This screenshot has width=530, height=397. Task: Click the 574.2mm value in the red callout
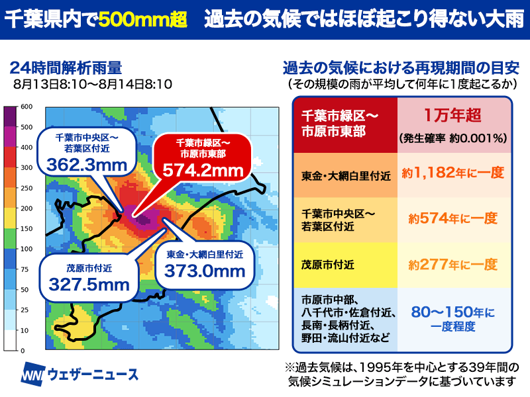[203, 171]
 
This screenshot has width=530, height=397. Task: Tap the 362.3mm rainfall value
[87, 165]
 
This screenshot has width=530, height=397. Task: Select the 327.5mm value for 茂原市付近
[89, 285]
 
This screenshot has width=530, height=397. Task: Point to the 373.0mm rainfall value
[205, 271]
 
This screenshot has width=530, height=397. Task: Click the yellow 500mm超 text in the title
[143, 20]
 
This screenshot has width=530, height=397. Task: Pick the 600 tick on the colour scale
[26, 107]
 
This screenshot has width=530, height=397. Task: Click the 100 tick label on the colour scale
[26, 249]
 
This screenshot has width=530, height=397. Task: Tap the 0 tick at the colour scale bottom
[23, 351]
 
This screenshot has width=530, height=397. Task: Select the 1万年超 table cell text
[452, 115]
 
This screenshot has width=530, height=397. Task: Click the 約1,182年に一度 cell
[453, 173]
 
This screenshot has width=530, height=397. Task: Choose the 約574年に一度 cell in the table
[453, 218]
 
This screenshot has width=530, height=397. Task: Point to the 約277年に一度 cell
[453, 265]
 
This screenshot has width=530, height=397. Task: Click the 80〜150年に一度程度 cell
[453, 319]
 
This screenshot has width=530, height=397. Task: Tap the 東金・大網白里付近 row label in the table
[346, 176]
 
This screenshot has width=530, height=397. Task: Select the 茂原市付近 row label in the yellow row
[328, 265]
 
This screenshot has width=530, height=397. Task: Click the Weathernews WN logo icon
[32, 375]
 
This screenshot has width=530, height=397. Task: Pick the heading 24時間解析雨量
[66, 68]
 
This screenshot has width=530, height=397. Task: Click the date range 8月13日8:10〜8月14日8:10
[93, 84]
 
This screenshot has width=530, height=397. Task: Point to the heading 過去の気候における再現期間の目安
[401, 68]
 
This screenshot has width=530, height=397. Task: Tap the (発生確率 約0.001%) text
[453, 138]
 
